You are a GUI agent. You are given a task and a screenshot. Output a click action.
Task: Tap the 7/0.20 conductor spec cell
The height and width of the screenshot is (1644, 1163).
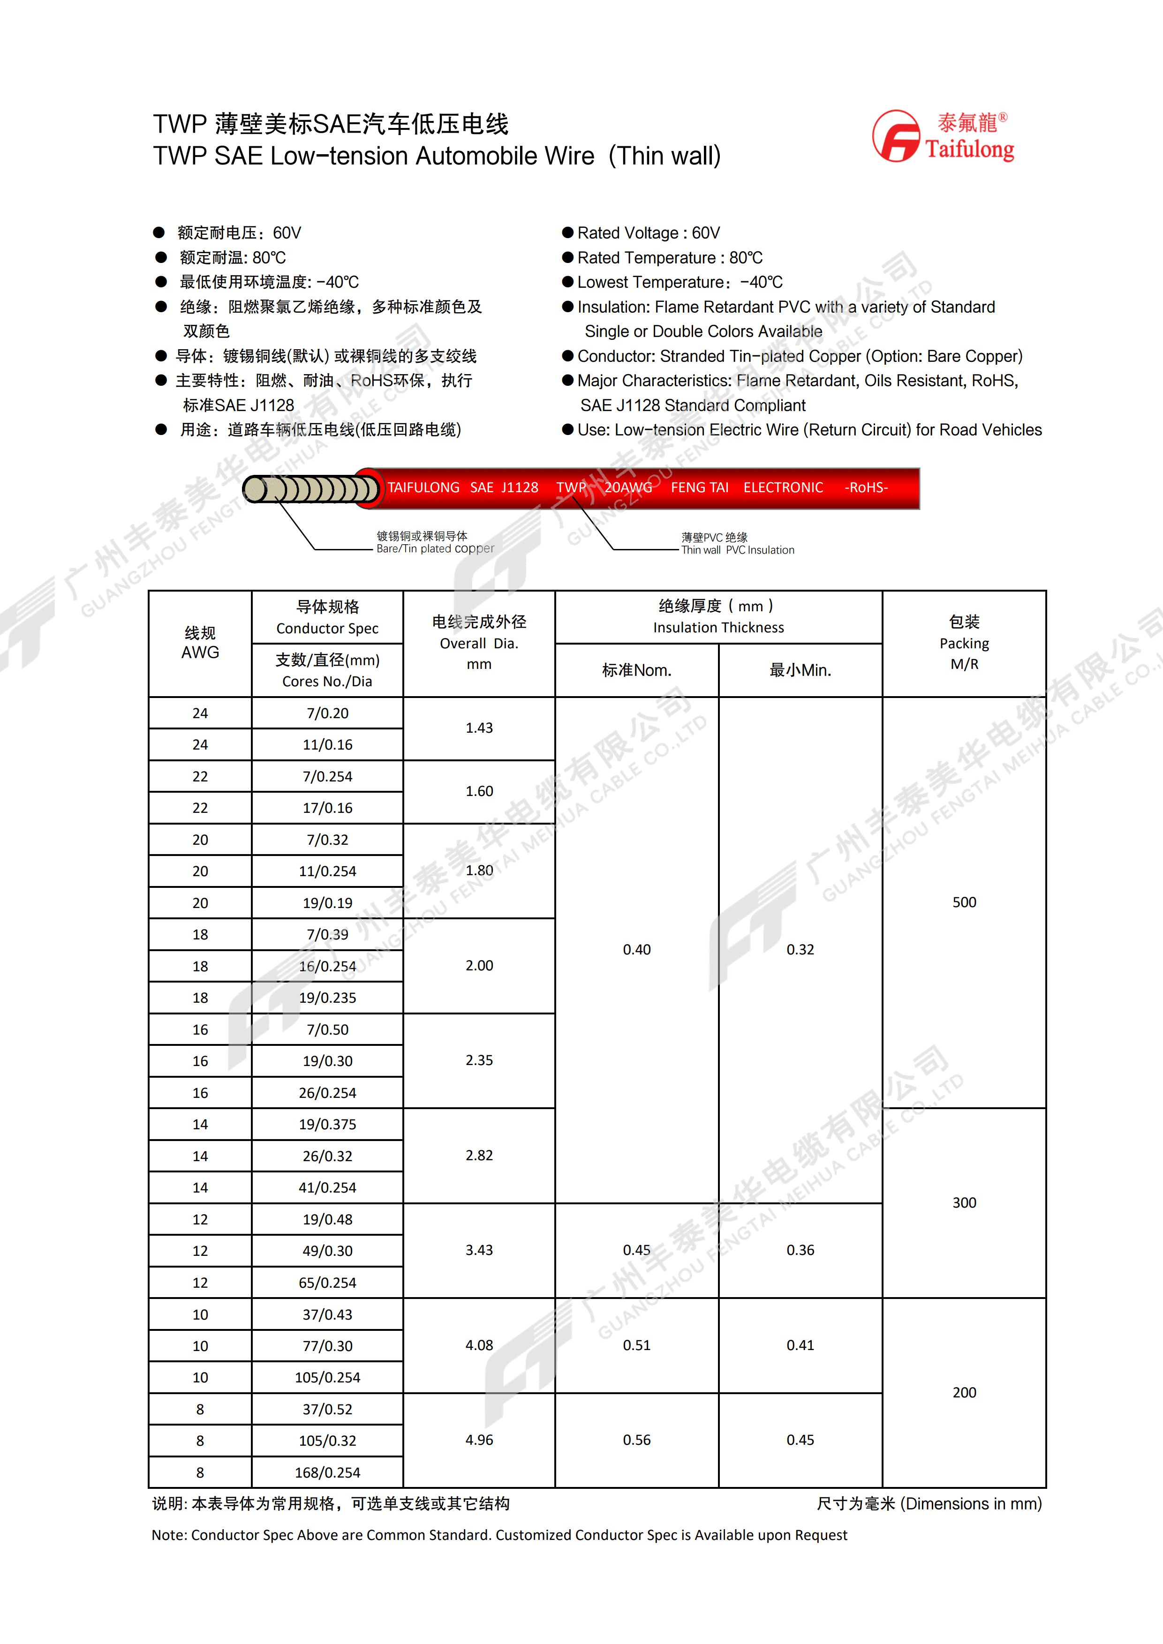pos(327,713)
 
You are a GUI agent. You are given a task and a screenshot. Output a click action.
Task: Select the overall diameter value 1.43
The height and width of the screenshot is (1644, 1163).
pos(479,728)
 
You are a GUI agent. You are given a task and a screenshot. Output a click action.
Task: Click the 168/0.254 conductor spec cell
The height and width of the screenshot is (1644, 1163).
pos(327,1472)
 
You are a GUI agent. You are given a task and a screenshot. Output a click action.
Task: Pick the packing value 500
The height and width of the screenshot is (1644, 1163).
pos(964,902)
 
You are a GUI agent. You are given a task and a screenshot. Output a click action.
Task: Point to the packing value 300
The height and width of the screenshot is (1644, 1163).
pos(964,1203)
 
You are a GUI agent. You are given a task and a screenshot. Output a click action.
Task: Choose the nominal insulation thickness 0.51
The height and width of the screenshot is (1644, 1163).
pos(637,1345)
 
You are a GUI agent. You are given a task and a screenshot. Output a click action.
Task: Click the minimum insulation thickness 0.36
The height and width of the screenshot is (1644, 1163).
pos(800,1250)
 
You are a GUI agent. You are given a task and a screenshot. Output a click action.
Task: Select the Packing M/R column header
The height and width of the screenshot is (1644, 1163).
pos(964,643)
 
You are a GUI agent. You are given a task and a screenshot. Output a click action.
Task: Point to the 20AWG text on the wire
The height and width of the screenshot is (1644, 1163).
pos(628,488)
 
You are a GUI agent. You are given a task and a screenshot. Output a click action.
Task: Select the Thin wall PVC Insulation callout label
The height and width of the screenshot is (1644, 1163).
pos(738,544)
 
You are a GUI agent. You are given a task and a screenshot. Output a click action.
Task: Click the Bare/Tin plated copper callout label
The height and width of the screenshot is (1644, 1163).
pos(435,543)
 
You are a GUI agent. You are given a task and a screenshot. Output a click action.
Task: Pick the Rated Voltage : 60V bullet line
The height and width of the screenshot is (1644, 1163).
pos(648,233)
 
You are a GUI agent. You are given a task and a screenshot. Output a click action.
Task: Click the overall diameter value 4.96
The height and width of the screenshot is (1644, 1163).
pos(479,1440)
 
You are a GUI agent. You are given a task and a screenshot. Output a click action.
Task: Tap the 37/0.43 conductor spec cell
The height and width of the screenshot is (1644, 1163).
pos(327,1314)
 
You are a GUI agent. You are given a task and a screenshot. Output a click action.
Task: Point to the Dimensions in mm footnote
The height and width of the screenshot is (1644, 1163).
pos(929,1504)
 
